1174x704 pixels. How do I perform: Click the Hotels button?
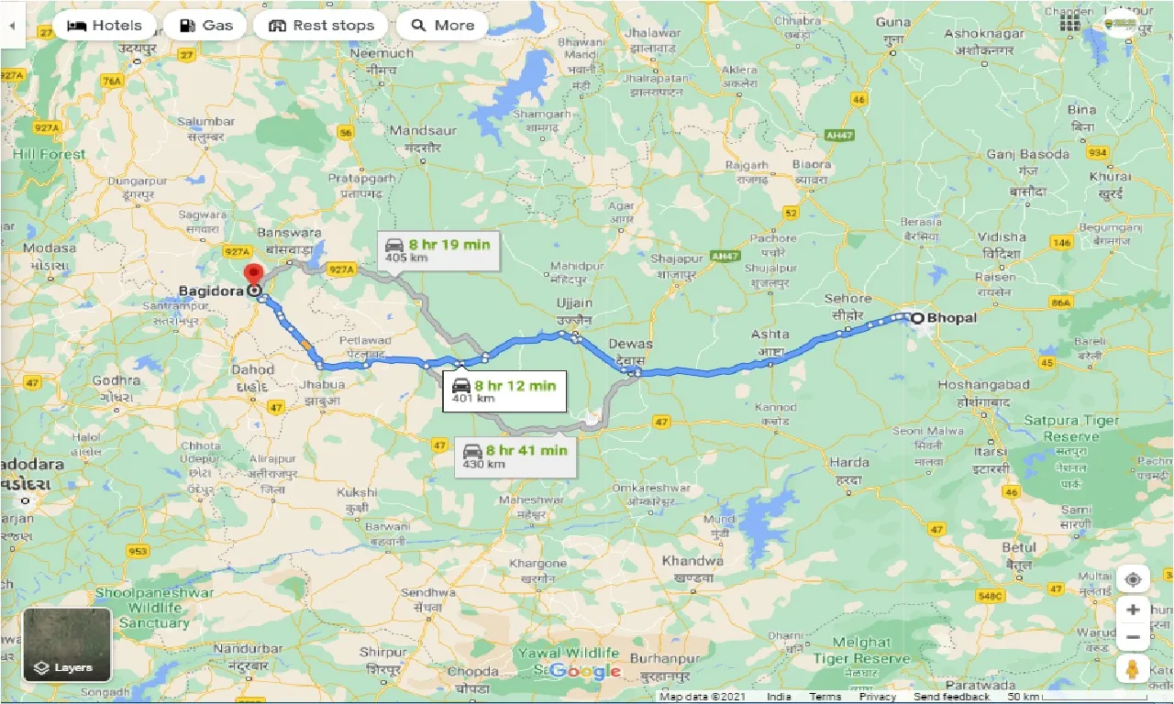click(104, 26)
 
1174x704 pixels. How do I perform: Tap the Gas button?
click(205, 26)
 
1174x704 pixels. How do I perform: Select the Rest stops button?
click(321, 26)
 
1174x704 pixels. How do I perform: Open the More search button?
click(441, 26)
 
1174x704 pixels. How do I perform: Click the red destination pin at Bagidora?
click(253, 274)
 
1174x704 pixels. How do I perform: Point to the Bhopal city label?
click(951, 318)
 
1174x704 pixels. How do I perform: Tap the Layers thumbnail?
click(67, 644)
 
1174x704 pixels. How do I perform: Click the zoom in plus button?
click(1134, 610)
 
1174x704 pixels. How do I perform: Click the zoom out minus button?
click(1134, 636)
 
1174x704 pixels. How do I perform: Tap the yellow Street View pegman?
click(1134, 668)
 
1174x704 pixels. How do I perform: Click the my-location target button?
click(1134, 579)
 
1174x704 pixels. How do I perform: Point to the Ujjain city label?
click(574, 303)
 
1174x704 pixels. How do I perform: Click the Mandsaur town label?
click(423, 130)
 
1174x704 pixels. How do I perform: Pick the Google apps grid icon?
click(1070, 23)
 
